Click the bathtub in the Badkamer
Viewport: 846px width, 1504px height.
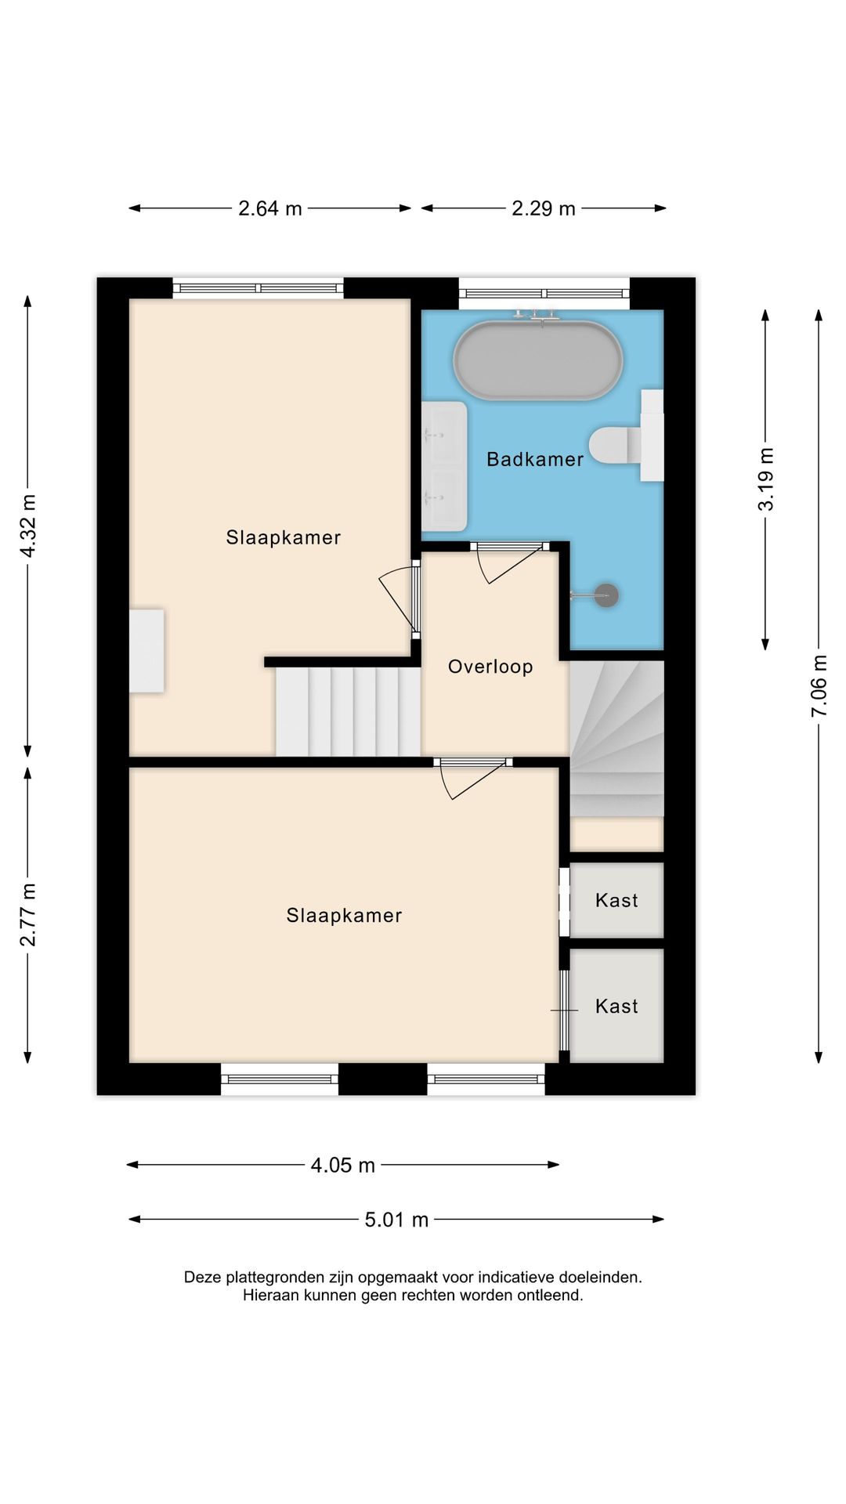[538, 360]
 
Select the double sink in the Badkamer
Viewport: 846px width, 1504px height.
[444, 466]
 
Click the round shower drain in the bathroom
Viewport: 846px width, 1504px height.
[606, 595]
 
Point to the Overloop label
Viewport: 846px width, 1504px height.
[490, 667]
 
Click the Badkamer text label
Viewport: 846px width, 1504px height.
[535, 459]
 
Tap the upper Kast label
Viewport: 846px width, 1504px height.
[616, 900]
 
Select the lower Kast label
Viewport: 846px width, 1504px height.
[616, 1006]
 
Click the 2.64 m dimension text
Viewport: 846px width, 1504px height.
[270, 208]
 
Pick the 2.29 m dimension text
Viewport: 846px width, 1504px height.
[544, 208]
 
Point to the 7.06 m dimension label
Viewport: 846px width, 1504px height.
[819, 685]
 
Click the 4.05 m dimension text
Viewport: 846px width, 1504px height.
[343, 1165]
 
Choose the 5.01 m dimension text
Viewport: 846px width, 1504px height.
[396, 1220]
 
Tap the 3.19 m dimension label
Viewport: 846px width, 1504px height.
[765, 479]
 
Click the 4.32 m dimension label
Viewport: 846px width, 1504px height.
[28, 526]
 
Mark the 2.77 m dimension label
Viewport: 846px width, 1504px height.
[28, 914]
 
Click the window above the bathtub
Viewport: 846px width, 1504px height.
[544, 293]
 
